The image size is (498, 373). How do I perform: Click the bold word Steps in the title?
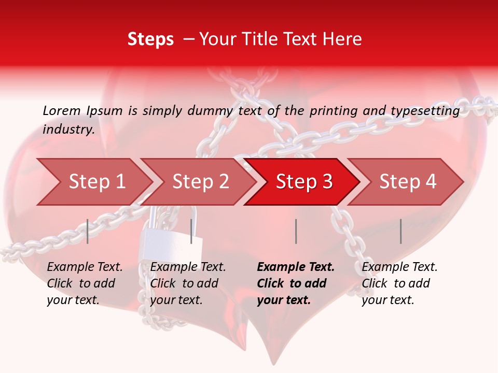[x=150, y=39]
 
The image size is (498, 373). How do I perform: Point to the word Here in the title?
[x=342, y=39]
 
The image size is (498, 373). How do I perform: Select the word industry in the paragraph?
[x=68, y=129]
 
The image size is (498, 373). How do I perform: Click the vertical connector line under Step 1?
[x=88, y=231]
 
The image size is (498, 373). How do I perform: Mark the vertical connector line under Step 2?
[x=191, y=231]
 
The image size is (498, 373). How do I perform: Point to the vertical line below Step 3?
[x=296, y=231]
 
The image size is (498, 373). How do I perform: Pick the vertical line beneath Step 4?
[x=400, y=231]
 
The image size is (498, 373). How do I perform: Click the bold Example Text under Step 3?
[x=296, y=267]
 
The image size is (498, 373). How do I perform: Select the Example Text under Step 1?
[x=85, y=267]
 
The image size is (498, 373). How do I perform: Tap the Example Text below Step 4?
[x=399, y=267]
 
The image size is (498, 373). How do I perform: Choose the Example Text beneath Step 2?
[x=188, y=267]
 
